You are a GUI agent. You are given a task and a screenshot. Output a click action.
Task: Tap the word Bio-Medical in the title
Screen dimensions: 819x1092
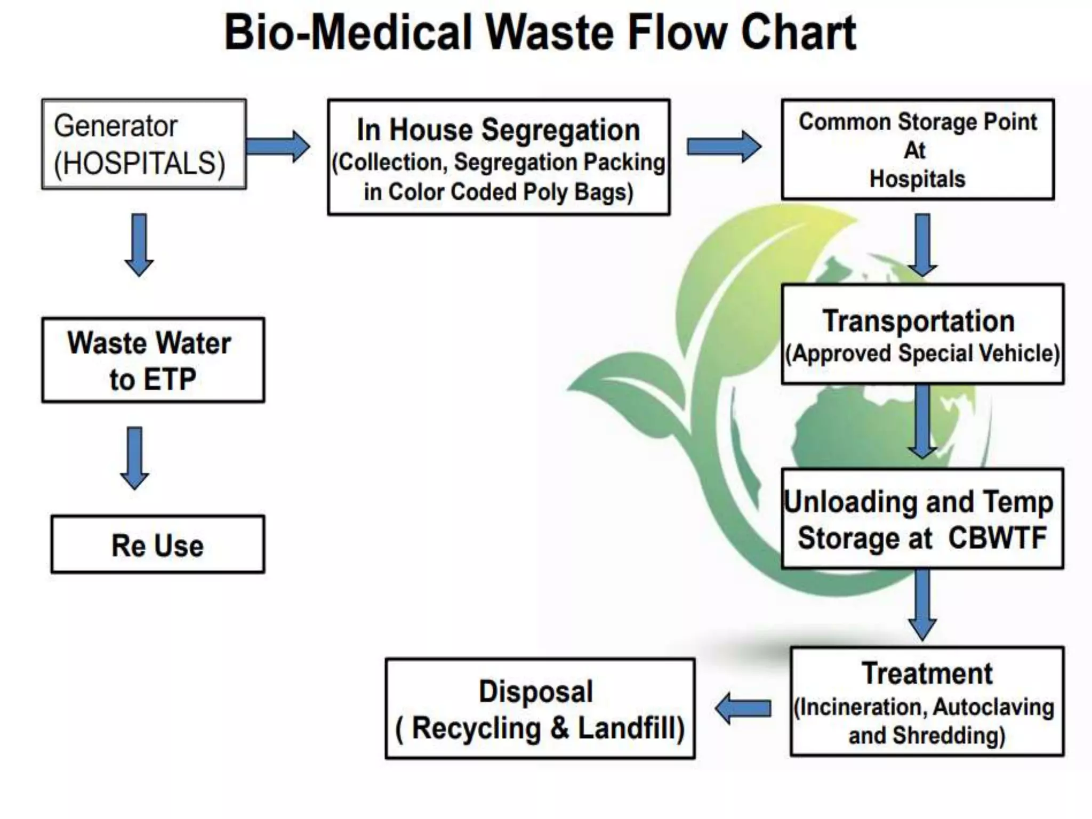tap(348, 33)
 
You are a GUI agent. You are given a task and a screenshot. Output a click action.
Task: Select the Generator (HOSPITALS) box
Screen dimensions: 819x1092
tap(143, 144)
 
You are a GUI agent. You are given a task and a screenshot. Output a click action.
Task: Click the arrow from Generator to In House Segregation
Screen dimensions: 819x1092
tap(278, 146)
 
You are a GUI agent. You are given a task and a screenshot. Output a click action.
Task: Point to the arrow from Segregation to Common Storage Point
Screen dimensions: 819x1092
tap(724, 146)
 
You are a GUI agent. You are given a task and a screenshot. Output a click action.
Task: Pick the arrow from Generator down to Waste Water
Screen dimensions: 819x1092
tap(139, 245)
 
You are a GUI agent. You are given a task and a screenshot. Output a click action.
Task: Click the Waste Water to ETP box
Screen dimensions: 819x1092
tap(153, 360)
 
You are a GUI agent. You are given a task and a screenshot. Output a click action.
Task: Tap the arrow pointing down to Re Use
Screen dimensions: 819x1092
tap(134, 457)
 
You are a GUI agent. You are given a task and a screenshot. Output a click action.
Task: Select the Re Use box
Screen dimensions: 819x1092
tap(157, 544)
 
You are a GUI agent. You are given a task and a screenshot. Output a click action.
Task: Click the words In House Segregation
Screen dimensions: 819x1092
tap(498, 130)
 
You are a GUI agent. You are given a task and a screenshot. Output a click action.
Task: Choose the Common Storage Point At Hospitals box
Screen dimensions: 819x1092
tap(917, 149)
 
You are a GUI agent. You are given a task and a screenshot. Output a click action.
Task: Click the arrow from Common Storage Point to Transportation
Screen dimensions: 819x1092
tap(922, 245)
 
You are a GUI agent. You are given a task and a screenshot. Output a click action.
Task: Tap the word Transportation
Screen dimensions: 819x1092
tap(918, 321)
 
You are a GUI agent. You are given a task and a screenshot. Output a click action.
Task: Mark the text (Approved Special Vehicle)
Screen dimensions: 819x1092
tap(922, 354)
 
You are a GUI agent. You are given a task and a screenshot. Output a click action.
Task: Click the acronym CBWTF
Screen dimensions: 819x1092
tap(997, 537)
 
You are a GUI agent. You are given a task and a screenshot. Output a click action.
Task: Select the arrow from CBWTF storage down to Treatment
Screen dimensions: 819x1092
tap(922, 604)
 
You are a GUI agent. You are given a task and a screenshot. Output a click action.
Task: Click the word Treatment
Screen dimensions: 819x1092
tap(927, 673)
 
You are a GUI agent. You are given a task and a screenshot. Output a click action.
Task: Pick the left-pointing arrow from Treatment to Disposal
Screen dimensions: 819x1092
tap(743, 709)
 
